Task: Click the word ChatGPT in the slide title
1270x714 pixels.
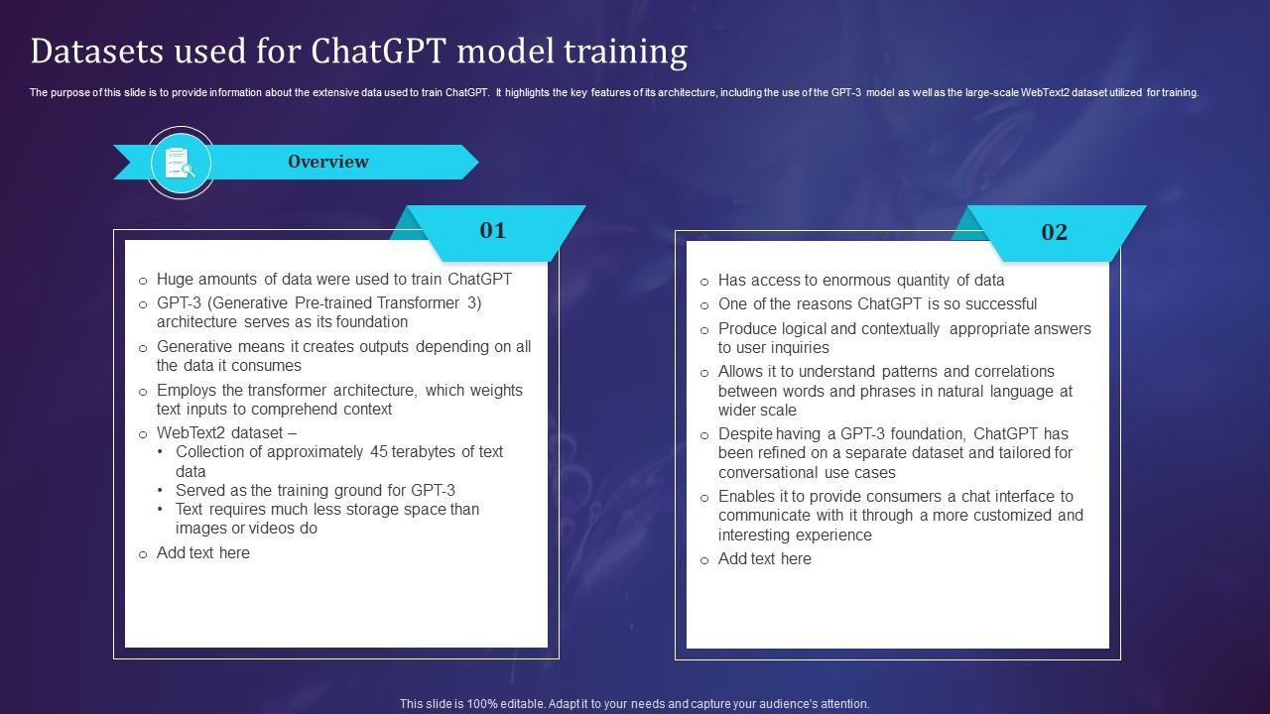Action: (x=378, y=51)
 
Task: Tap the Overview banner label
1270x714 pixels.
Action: (x=328, y=162)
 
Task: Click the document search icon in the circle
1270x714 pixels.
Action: (x=181, y=163)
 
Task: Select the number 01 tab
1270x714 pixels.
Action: (x=493, y=231)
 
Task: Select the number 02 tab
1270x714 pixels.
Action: (x=1054, y=232)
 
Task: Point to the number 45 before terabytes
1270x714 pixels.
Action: (x=379, y=451)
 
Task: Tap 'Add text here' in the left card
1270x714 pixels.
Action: (x=203, y=552)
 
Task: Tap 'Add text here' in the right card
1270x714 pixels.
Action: (x=765, y=558)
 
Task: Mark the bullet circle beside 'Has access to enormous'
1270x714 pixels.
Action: (x=704, y=282)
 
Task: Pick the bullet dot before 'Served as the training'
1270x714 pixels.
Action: (x=161, y=490)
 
